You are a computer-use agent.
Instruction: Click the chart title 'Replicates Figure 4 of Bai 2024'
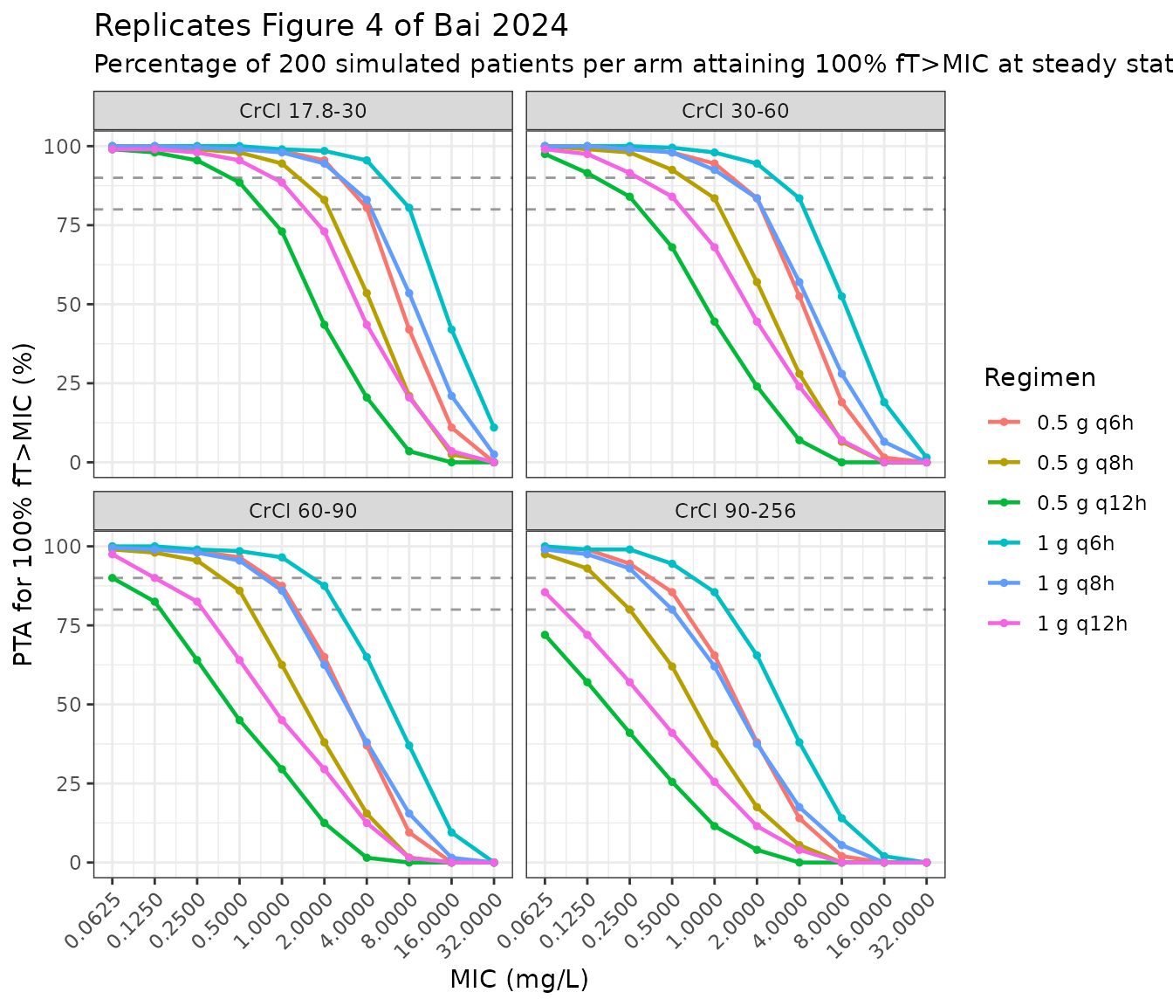331,26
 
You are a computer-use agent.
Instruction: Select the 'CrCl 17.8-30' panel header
303,111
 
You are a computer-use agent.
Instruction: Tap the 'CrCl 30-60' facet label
736,111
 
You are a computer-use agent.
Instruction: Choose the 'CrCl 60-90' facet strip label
303,511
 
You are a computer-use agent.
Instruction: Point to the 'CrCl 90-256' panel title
736,511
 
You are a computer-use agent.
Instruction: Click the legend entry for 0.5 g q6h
1060,423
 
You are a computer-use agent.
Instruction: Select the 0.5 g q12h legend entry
1067,503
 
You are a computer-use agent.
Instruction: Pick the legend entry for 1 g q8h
1051,583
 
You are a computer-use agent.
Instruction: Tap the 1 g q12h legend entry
1057,624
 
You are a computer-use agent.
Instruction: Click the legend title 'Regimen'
1039,378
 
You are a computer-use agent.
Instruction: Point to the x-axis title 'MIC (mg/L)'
519,980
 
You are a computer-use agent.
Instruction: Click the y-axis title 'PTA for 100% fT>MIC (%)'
24,505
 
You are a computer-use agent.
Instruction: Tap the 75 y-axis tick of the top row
68,225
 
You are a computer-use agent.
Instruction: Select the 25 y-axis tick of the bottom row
68,783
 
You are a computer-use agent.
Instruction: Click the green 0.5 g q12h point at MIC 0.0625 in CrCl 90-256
545,635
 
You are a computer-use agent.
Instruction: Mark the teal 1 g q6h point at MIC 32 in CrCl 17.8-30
494,428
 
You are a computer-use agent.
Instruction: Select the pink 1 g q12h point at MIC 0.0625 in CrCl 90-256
545,592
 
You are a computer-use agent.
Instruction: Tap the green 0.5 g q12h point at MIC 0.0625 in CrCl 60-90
113,578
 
